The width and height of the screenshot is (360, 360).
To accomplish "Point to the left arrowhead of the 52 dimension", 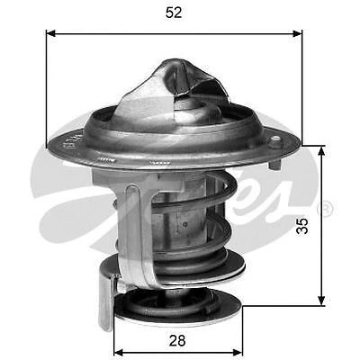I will (50, 33).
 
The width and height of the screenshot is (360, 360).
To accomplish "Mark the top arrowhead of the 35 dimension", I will (321, 149).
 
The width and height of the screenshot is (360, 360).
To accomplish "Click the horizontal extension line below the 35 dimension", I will (279, 305).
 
